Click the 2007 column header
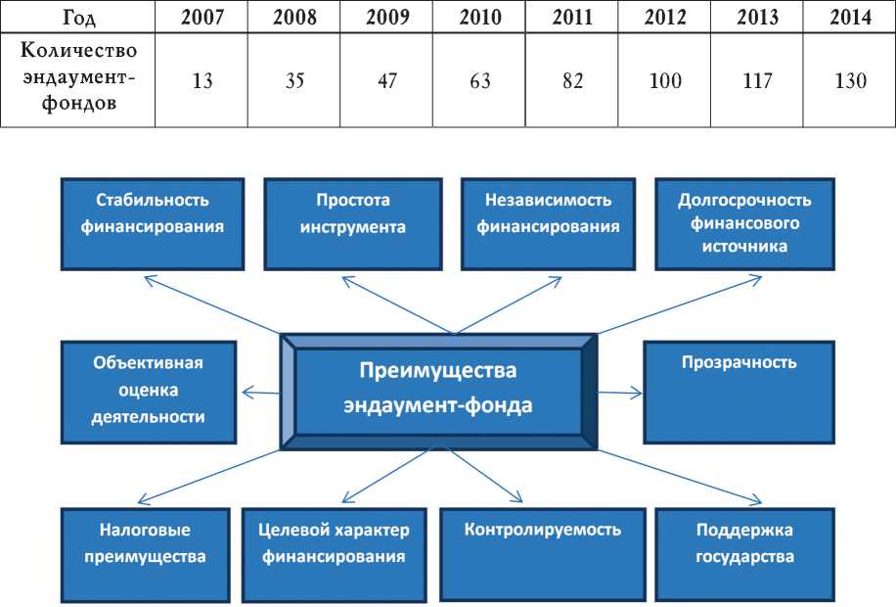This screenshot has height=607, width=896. point(202,17)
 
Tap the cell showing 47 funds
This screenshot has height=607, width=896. point(386,81)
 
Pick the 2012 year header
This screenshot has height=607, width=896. point(665,17)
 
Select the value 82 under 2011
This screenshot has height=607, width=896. point(572,81)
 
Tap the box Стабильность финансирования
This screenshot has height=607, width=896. point(153,223)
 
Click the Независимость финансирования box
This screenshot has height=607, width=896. point(549,223)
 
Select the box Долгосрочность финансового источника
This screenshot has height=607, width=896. point(744,223)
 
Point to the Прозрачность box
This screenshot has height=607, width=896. point(739,392)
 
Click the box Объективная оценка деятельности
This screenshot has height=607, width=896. point(149,391)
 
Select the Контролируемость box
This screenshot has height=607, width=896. point(544,553)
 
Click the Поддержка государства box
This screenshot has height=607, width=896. point(744,553)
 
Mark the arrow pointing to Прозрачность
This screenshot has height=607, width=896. point(620,393)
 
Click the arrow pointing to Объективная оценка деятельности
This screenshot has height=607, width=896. point(260,393)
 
